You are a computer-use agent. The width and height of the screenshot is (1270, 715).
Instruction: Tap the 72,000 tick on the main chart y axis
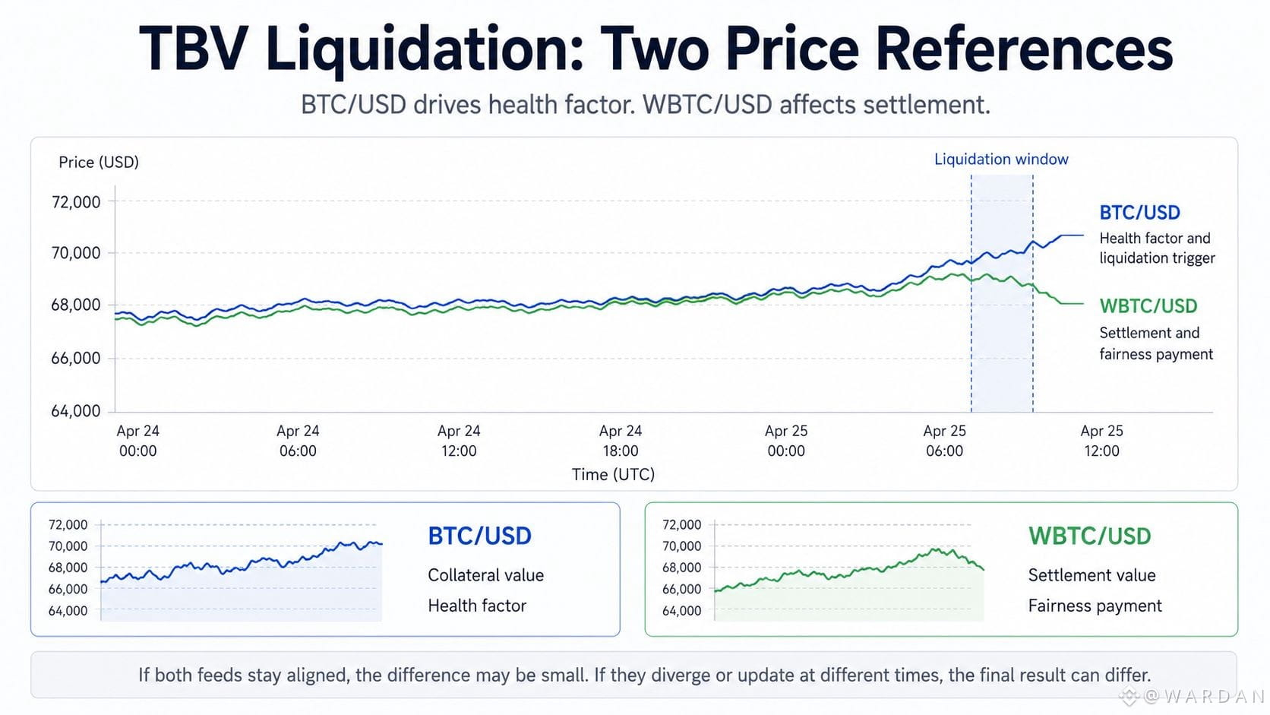76,202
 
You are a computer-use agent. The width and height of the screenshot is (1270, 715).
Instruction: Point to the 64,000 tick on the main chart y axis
76,411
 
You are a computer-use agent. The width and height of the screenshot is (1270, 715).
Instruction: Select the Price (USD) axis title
99,162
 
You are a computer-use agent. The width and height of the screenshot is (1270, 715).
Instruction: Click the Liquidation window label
1001,160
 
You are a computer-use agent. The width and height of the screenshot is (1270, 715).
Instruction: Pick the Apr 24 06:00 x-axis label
299,441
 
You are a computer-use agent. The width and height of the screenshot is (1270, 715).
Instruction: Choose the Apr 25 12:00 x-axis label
1101,441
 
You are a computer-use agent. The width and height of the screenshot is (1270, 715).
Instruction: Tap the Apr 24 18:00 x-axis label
621,441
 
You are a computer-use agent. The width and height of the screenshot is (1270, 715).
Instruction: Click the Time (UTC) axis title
613,475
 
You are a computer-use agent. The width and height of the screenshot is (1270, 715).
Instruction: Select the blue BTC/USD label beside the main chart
1139,213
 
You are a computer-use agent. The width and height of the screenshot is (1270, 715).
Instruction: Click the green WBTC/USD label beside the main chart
1148,306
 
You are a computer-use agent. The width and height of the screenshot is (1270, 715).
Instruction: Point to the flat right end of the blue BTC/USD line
1083,235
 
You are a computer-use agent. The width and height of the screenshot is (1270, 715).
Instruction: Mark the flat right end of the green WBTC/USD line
1083,303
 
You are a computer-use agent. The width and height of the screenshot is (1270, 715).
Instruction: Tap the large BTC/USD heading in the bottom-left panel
479,536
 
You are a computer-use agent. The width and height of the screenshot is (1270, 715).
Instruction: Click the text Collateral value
486,575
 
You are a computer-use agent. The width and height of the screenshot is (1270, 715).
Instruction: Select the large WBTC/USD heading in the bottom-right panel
1090,536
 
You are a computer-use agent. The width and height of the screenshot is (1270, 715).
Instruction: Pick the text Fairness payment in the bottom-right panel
1095,606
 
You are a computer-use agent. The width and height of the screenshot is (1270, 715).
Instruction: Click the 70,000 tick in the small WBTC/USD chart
681,546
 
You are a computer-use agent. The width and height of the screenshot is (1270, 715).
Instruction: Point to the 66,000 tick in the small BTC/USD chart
68,590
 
